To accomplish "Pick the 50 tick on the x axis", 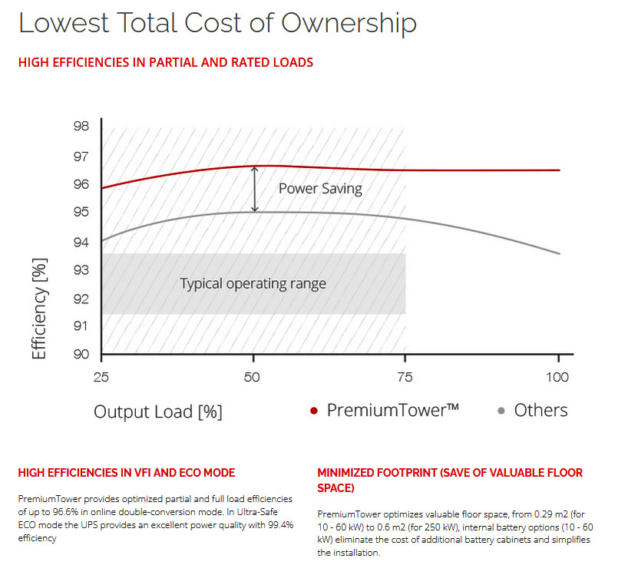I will pos(254,377).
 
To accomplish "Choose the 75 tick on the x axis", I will pos(405,377).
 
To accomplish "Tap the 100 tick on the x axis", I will pos(557,377).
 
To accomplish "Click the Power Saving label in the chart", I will pos(319,188).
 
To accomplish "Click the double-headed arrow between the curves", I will pos(256,189).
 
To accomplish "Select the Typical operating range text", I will pos(253,284).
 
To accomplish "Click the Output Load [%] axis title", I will pos(158,411).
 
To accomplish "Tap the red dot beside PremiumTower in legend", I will pos(314,411).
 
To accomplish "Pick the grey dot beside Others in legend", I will pos(501,411).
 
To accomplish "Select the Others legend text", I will pos(540,410).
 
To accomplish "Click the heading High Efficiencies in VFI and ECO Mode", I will pos(126,472).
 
